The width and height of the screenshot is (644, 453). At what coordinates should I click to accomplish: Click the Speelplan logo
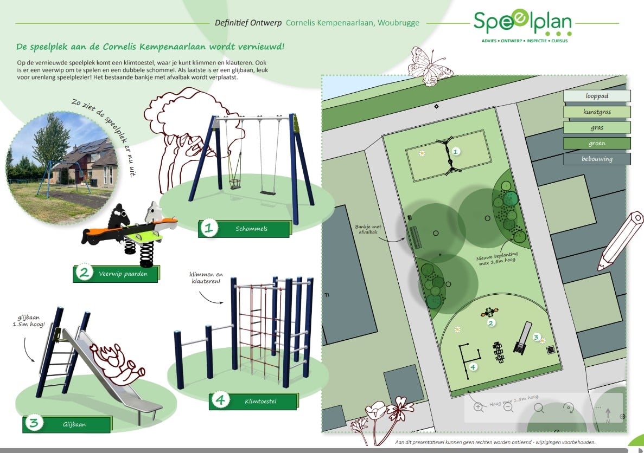(x=522, y=25)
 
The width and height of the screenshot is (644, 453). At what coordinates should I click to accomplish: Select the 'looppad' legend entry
(x=597, y=96)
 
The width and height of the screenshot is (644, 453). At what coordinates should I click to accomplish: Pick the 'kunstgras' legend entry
(x=597, y=112)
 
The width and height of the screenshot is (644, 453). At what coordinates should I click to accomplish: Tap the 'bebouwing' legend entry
(x=597, y=159)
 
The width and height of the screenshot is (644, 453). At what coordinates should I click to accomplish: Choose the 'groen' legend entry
(x=597, y=143)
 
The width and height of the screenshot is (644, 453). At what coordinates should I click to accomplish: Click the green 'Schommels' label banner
(x=244, y=229)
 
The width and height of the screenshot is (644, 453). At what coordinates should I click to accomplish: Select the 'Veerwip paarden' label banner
(x=116, y=274)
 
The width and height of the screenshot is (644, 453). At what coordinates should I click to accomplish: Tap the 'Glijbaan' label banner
(x=67, y=424)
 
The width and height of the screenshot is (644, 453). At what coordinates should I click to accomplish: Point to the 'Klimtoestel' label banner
(x=253, y=401)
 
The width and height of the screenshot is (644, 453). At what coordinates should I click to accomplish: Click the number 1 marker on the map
(x=455, y=151)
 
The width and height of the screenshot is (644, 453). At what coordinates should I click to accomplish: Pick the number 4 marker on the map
(x=473, y=367)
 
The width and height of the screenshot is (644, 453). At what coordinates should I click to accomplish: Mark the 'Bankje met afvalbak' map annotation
(x=368, y=229)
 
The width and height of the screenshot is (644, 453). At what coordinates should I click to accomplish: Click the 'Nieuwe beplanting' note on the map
(x=497, y=258)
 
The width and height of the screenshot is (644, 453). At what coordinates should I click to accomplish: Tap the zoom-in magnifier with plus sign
(x=479, y=407)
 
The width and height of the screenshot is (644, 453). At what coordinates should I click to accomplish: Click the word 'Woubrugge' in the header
(x=398, y=23)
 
